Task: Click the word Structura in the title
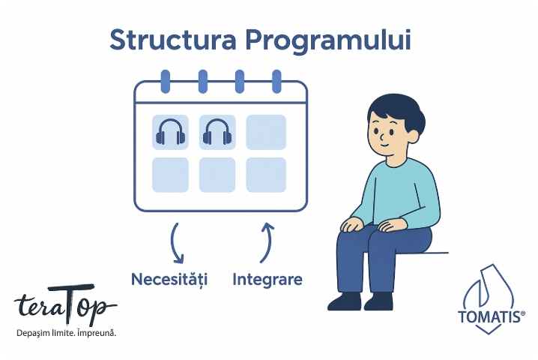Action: click(173, 40)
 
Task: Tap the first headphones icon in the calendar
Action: click(170, 132)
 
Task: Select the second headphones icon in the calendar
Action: click(217, 132)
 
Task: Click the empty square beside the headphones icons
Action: click(266, 132)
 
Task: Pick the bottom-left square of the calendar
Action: click(170, 175)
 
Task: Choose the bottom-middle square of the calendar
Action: click(217, 175)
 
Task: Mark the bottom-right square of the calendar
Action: click(266, 175)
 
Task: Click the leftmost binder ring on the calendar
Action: click(166, 82)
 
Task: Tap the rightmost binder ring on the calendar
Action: click(276, 82)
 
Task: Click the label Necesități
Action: click(169, 279)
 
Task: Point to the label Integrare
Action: click(268, 279)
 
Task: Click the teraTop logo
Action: click(65, 304)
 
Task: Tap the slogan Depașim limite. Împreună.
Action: click(66, 333)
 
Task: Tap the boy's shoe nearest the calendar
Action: click(345, 301)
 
